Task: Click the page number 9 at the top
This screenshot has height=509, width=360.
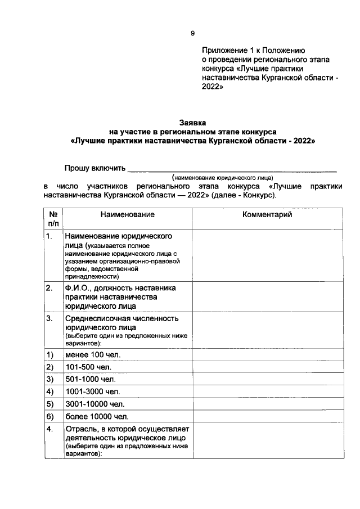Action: pyautogui.click(x=192, y=34)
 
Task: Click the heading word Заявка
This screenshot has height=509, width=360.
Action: pyautogui.click(x=192, y=122)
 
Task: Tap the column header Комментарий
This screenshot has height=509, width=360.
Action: pyautogui.click(x=267, y=214)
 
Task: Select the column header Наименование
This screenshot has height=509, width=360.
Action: pyautogui.click(x=128, y=214)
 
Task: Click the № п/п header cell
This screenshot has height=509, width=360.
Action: pyautogui.click(x=52, y=219)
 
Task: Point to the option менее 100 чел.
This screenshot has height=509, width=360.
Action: pyautogui.click(x=93, y=355)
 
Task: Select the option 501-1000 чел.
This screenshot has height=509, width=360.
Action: pyautogui.click(x=90, y=380)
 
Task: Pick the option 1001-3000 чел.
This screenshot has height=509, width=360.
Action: pyautogui.click(x=92, y=391)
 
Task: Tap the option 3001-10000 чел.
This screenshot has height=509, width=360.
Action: pyautogui.click(x=94, y=404)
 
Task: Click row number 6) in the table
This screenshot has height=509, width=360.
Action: pyautogui.click(x=49, y=417)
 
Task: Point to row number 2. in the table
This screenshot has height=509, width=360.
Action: pyautogui.click(x=49, y=288)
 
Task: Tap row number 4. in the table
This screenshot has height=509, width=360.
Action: pyautogui.click(x=49, y=429)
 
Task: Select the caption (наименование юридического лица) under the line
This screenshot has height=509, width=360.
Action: pyautogui.click(x=223, y=176)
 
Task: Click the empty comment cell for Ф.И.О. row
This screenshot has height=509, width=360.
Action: pyautogui.click(x=267, y=297)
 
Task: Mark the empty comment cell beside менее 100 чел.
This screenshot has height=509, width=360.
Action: pyautogui.click(x=267, y=355)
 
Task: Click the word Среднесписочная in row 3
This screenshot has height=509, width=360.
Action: pyautogui.click(x=98, y=318)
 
